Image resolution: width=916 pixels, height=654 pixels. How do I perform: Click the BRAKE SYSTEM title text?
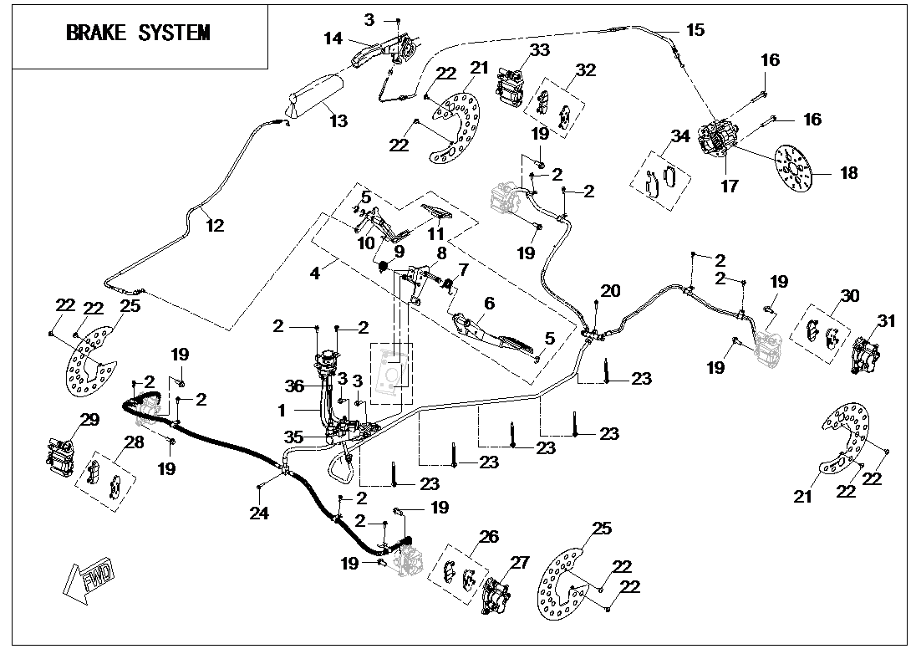[138, 33]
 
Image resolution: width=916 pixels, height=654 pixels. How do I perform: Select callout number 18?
[848, 173]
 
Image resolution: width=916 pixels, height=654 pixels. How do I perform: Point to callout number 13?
[338, 121]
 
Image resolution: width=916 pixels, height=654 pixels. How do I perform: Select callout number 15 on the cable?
[695, 30]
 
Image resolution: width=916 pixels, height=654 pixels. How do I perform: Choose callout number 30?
[849, 296]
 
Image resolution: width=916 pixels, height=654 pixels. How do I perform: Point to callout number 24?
[260, 513]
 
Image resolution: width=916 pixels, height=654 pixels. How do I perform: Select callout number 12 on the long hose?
[216, 224]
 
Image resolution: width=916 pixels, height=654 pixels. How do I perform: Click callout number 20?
[611, 290]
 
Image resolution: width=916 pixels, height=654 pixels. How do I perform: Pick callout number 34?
[680, 136]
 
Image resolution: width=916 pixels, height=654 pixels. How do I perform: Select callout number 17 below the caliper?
[729, 186]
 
